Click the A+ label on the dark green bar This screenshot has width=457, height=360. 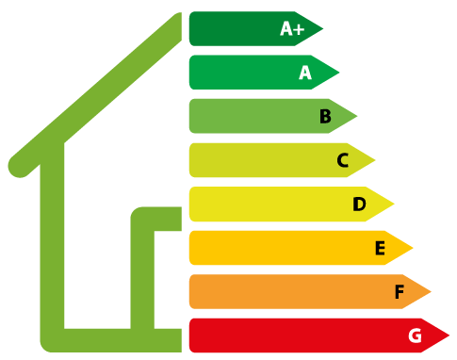tap(292, 29)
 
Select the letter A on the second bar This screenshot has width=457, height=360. tap(304, 73)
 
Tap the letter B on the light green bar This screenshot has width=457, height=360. tap(325, 117)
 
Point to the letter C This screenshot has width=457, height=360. tap(343, 161)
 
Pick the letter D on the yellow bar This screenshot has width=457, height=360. tap(359, 205)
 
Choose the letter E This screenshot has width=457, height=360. tap(380, 248)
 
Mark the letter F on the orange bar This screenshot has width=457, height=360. tap(399, 292)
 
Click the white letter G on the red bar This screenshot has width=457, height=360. tap(415, 335)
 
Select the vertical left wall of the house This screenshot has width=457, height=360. tap(53, 245)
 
